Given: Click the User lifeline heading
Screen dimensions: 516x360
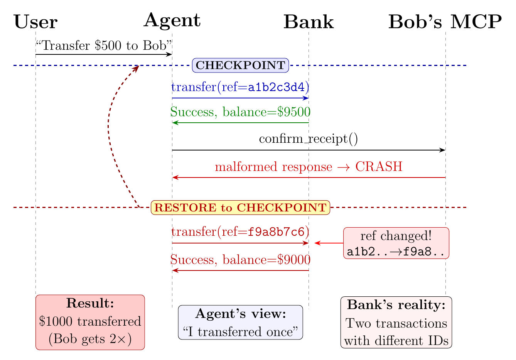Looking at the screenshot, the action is (x=35, y=22).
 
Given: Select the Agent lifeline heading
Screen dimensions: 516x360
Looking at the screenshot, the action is (x=172, y=21).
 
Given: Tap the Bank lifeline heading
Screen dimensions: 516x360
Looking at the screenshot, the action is (x=309, y=22).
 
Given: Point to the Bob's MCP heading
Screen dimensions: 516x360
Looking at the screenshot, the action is (x=445, y=22).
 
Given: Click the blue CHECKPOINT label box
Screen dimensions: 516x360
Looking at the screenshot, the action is (x=240, y=65).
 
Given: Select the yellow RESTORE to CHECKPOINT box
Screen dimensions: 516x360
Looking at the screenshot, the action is (x=240, y=208).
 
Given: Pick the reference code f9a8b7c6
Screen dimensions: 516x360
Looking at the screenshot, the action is (x=276, y=232).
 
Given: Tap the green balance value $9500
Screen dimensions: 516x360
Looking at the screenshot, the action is (x=294, y=112).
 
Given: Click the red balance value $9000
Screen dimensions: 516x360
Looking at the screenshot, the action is (x=294, y=260).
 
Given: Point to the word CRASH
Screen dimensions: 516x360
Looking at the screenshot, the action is (x=379, y=166).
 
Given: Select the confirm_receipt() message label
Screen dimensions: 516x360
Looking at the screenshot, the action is (x=309, y=139).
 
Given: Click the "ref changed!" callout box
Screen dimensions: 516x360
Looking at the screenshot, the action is (x=396, y=243).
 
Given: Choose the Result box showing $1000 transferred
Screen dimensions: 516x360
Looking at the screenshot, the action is (x=90, y=322).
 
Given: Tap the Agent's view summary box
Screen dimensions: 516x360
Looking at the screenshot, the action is (x=240, y=322).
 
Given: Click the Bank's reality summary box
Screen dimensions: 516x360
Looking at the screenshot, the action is (x=396, y=322).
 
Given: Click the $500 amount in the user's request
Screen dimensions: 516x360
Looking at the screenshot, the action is (x=108, y=46).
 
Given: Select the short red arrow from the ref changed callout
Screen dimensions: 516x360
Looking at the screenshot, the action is (x=329, y=243).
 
